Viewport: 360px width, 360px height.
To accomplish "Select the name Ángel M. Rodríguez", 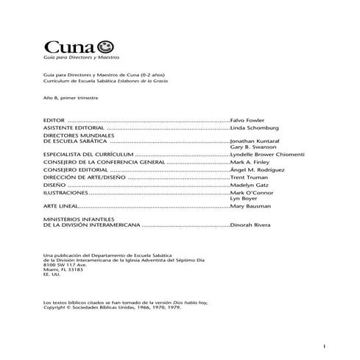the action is point(257,172).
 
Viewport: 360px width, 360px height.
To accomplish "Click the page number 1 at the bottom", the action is point(324,346).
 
